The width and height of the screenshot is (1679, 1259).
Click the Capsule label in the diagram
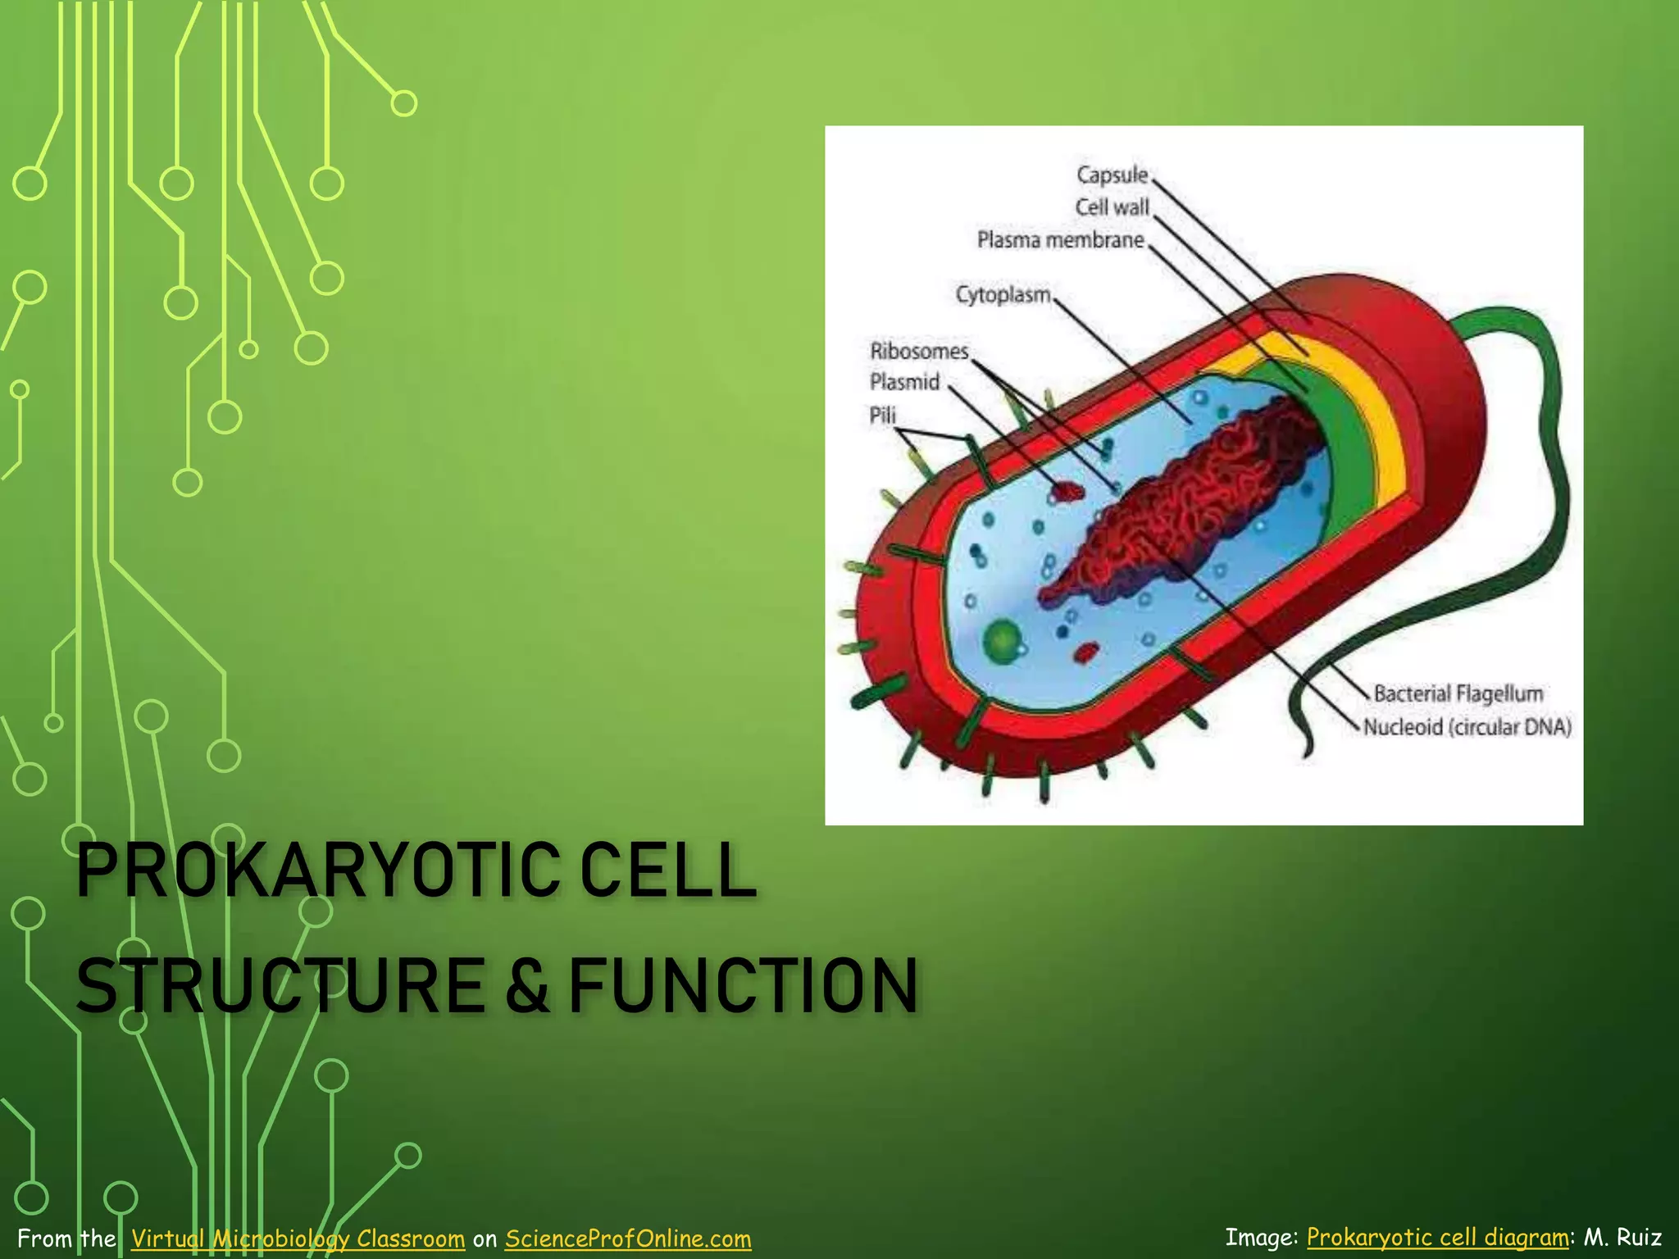(1112, 175)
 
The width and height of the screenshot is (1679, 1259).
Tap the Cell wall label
(1112, 207)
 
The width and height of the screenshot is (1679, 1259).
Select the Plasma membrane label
(1060, 240)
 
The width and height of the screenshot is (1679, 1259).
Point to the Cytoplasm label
(1003, 294)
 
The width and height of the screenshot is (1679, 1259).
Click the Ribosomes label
(919, 352)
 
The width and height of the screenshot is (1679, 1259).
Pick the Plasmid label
(904, 382)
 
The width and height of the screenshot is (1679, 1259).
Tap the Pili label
(882, 416)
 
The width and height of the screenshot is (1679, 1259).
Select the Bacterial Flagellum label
(1458, 694)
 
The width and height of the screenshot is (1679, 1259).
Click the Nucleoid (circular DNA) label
(1467, 727)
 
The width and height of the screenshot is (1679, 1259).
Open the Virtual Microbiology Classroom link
(298, 1238)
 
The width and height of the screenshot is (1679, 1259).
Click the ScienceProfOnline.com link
(627, 1238)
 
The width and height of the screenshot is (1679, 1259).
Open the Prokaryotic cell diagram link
(1437, 1237)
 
